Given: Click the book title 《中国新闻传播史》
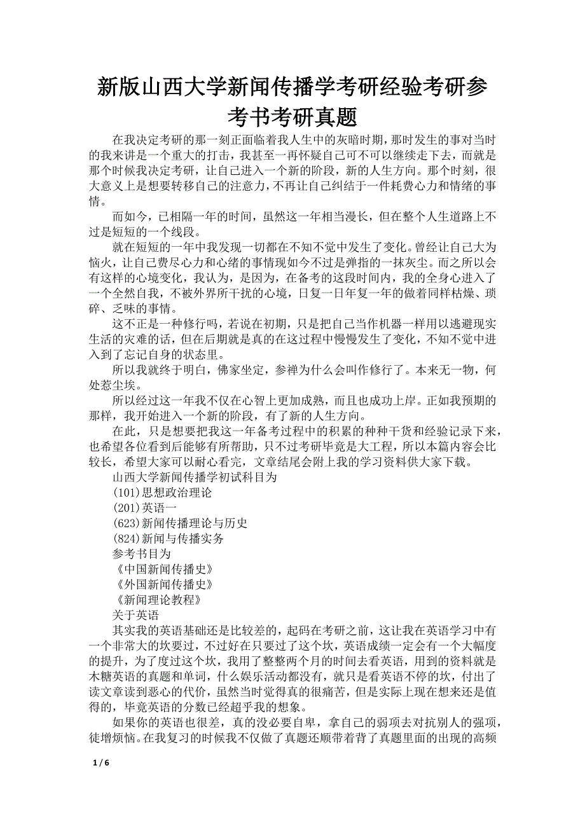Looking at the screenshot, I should pyautogui.click(x=162, y=569).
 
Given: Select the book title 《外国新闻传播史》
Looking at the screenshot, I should pyautogui.click(x=162, y=584).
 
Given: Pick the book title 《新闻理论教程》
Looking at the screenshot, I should pyautogui.click(x=157, y=600).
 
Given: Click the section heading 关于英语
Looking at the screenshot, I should pyautogui.click(x=135, y=615).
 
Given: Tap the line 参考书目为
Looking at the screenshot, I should pyautogui.click(x=141, y=554).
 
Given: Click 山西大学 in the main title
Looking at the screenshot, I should pyautogui.click(x=184, y=86).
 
